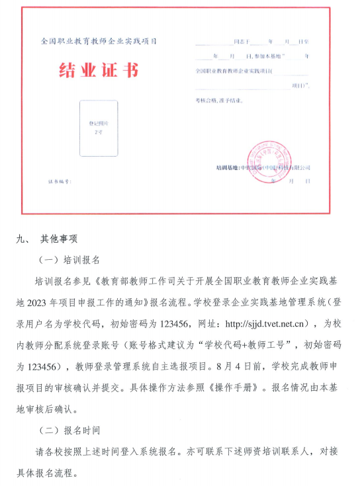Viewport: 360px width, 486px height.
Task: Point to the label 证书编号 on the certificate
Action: coord(58,181)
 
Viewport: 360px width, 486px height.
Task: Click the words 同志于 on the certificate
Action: coord(242,42)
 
